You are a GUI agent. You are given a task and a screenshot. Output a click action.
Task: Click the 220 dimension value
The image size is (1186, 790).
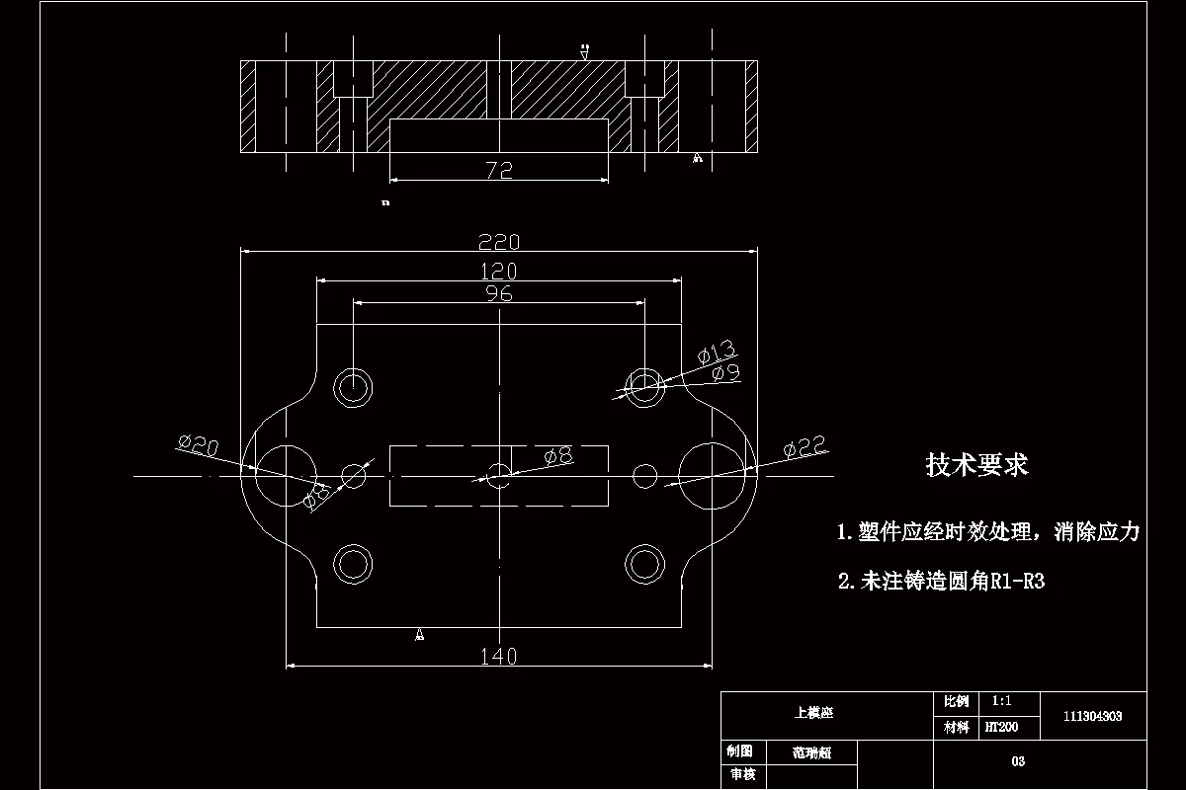pos(499,242)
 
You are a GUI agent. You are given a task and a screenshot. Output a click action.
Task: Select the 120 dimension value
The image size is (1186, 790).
pos(498,271)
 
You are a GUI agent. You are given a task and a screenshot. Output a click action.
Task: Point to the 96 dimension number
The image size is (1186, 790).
pos(499,293)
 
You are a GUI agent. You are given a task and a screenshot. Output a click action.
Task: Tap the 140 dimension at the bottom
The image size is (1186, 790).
pos(498,656)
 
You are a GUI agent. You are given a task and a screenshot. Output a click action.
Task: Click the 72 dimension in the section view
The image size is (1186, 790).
pos(499,170)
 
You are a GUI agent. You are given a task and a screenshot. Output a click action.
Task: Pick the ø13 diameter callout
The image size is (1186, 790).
pos(717,352)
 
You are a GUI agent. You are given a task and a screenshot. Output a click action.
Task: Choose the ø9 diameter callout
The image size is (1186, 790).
pos(726,372)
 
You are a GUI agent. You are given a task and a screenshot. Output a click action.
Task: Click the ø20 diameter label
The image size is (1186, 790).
pos(198,445)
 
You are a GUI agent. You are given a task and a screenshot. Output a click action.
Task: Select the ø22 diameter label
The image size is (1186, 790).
pos(804,447)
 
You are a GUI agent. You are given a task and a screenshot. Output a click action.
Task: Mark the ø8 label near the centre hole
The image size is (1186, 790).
pos(558,455)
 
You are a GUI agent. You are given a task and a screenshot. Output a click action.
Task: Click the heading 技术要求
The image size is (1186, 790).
pos(976,464)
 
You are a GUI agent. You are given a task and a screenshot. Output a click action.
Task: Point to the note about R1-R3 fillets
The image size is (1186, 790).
pos(941,582)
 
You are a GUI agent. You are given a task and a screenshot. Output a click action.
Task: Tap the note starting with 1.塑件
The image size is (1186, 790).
pos(987,533)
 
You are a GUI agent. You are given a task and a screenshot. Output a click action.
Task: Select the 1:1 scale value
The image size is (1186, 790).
pos(1000,701)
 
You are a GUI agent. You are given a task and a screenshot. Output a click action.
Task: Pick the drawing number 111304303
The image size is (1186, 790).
pos(1092,717)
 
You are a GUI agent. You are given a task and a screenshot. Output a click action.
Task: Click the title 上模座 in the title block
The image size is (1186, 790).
pos(813,712)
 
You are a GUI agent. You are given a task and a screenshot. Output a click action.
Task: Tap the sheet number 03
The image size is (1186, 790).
pos(1018,761)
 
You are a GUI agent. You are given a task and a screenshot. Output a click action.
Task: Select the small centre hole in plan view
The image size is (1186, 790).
pos(499,475)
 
